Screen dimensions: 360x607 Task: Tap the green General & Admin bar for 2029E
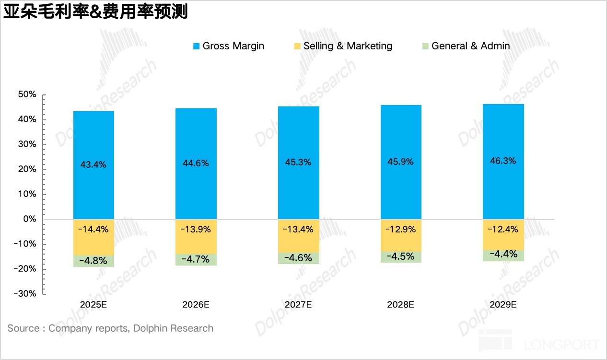tap(503, 255)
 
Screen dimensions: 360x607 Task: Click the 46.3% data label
tap(503, 161)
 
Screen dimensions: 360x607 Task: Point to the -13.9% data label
tap(196, 229)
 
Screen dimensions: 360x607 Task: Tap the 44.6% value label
tap(196, 163)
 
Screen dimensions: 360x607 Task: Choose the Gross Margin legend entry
tap(228, 46)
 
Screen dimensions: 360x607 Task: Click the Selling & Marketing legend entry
tap(343, 46)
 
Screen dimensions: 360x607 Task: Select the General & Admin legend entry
tap(465, 46)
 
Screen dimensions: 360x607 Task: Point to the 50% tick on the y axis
tap(27, 94)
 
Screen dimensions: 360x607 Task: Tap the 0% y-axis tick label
tap(29, 219)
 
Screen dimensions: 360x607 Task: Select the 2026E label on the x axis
tap(196, 304)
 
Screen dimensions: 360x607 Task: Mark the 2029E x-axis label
tap(503, 304)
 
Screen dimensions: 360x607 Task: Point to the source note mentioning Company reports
tap(110, 328)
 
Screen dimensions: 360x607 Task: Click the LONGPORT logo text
tap(561, 344)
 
